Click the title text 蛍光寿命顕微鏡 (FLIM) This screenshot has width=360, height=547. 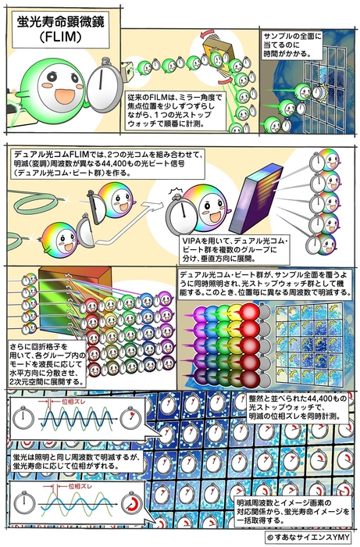55,30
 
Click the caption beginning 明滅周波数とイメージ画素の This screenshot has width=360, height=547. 290,510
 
